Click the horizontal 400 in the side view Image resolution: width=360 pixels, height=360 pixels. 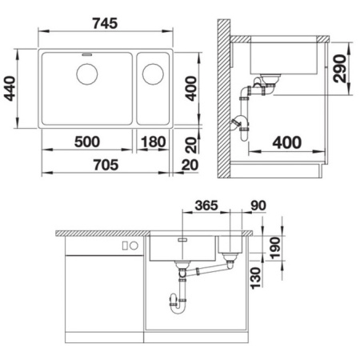coord(286,143)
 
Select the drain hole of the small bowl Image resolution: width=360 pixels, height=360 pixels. coord(151,74)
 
